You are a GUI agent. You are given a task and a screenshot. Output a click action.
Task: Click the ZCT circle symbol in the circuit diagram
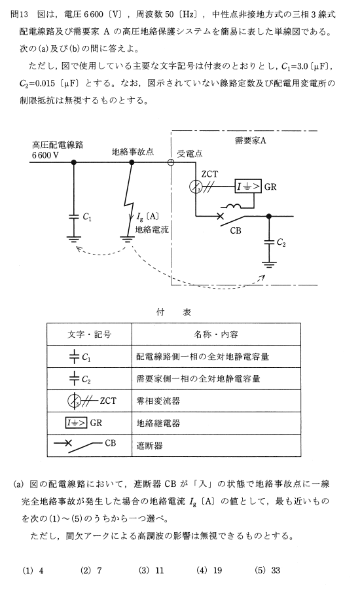196,187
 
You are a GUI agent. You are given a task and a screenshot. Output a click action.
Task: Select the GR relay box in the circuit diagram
248,187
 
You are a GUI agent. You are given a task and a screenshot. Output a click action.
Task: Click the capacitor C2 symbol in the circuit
268,242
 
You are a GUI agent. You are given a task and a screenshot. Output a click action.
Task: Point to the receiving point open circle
170,162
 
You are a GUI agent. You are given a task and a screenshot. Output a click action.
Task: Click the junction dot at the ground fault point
132,162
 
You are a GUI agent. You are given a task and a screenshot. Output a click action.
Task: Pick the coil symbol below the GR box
231,206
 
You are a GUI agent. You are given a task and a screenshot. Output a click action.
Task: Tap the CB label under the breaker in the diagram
236,230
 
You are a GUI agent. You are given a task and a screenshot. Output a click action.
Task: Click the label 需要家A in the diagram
250,141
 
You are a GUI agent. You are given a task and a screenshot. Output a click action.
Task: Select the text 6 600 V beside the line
46,155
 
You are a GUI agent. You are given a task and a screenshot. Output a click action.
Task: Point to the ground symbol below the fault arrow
127,238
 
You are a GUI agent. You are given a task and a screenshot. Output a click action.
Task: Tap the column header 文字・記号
89,334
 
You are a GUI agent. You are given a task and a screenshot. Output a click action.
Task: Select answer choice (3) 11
151,570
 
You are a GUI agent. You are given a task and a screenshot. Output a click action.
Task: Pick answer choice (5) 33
267,570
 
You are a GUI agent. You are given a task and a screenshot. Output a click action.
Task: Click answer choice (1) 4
33,570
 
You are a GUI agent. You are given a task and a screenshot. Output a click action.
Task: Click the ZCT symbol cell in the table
90,401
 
